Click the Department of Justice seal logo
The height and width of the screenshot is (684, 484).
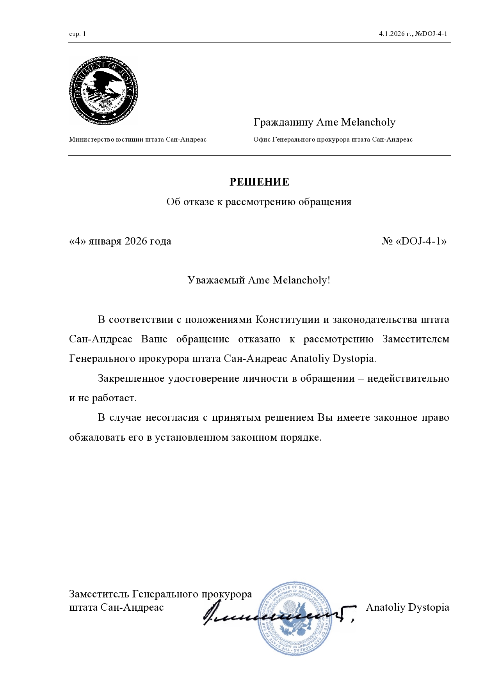tap(103, 90)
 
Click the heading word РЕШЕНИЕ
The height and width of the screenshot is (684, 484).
tap(259, 182)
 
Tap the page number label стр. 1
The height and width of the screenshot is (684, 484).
tap(77, 34)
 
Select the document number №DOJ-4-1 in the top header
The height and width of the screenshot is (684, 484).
tap(431, 34)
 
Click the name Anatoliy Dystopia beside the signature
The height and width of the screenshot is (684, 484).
tap(407, 607)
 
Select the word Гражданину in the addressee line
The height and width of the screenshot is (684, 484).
tap(283, 122)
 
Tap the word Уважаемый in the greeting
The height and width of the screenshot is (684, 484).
tap(216, 280)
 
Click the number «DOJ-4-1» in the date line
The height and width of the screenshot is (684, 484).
tap(421, 241)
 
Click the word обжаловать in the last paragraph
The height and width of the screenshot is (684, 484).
tap(97, 438)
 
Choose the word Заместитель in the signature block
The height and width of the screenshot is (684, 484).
tap(99, 594)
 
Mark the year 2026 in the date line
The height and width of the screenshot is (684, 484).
tap(136, 241)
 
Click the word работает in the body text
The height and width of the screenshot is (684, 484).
tap(114, 399)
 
